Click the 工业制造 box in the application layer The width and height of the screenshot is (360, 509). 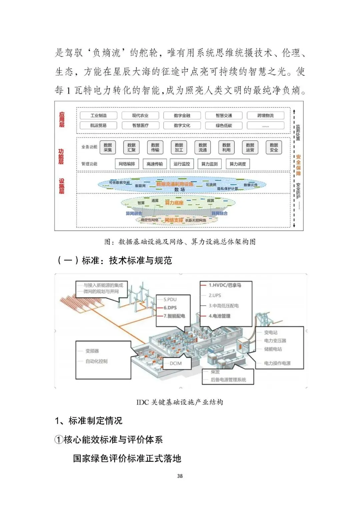coord(99,116)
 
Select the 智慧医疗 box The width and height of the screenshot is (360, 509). coord(140,126)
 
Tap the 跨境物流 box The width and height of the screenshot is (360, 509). coord(265,116)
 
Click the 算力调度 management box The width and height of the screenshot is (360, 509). coord(238,164)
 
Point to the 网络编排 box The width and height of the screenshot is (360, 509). coord(127,164)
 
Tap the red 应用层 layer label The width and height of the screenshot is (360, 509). coord(62,120)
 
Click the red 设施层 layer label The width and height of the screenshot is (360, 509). coord(62,186)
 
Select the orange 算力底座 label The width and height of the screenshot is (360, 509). coord(174,203)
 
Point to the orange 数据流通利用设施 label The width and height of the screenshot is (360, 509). coord(175,184)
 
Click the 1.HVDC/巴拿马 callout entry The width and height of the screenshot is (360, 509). coord(225,285)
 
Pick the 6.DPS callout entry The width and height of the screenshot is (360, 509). coord(170,308)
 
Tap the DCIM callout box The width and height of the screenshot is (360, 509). coord(176,363)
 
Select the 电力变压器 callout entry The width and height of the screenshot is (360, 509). coord(275,341)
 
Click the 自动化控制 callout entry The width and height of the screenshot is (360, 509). coord(96,361)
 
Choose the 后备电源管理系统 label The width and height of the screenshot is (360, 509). coord(228,380)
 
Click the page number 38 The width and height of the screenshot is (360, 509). coord(180,476)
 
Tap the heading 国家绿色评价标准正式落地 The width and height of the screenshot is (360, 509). coord(127,458)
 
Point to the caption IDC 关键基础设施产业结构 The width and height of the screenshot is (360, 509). coord(180,402)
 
